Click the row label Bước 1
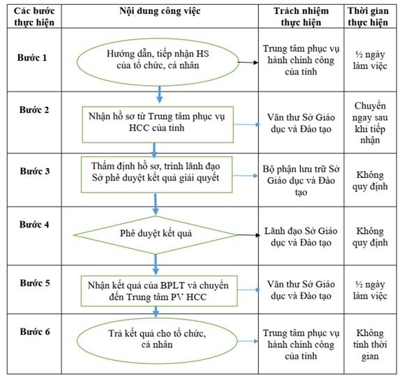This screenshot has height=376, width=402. (x=32, y=58)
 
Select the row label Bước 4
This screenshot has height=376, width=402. (x=34, y=225)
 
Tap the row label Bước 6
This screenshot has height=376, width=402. (x=35, y=331)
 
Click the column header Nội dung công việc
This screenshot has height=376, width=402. (x=160, y=11)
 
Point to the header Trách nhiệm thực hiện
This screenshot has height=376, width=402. (x=301, y=17)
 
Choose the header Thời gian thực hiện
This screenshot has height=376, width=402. (x=368, y=17)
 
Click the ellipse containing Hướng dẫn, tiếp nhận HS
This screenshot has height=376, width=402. (x=158, y=62)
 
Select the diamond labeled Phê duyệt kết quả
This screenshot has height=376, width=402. (x=156, y=235)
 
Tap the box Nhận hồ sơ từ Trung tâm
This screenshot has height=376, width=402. (x=158, y=125)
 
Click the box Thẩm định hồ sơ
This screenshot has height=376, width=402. (x=156, y=174)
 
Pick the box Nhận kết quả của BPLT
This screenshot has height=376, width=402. (x=159, y=291)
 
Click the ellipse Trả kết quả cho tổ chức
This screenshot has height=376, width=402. (x=157, y=341)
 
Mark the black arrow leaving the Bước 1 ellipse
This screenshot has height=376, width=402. (x=248, y=62)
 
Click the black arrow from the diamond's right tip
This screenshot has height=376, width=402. (x=248, y=235)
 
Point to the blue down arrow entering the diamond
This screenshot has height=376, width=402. (x=156, y=204)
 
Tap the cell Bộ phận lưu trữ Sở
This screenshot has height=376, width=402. (x=301, y=181)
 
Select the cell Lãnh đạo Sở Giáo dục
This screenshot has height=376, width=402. (x=301, y=236)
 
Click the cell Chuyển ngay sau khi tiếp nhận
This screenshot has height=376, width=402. (x=370, y=123)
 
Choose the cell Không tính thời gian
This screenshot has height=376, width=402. (x=370, y=345)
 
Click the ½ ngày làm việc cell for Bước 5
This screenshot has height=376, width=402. (x=370, y=290)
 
